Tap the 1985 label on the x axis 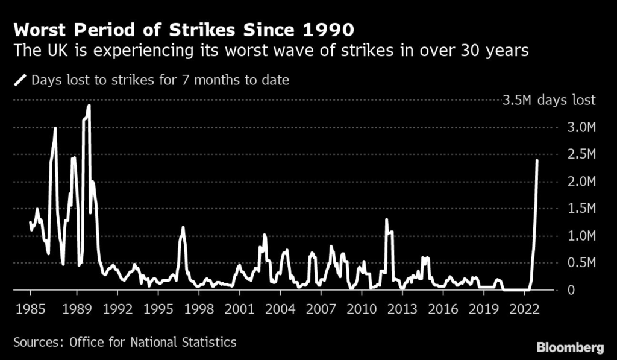pyautogui.click(x=31, y=308)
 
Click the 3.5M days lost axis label pyautogui.click(x=549, y=100)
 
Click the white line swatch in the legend pyautogui.click(x=20, y=80)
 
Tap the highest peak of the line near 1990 pyautogui.click(x=89, y=105)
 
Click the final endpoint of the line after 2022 pyautogui.click(x=537, y=160)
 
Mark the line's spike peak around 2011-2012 pyautogui.click(x=386, y=219)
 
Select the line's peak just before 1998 pyautogui.click(x=183, y=228)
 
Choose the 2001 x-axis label pyautogui.click(x=239, y=308)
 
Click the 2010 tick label pyautogui.click(x=362, y=308)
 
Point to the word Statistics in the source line pyautogui.click(x=207, y=342)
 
